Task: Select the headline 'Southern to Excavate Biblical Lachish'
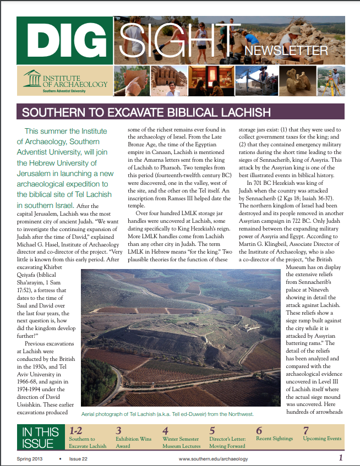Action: (x=146, y=113)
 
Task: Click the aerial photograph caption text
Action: (x=167, y=413)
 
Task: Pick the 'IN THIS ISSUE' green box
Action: (x=40, y=438)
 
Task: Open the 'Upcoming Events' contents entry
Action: (x=322, y=439)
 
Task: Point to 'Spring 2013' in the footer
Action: (x=30, y=459)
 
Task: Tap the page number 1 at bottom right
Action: (x=341, y=458)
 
